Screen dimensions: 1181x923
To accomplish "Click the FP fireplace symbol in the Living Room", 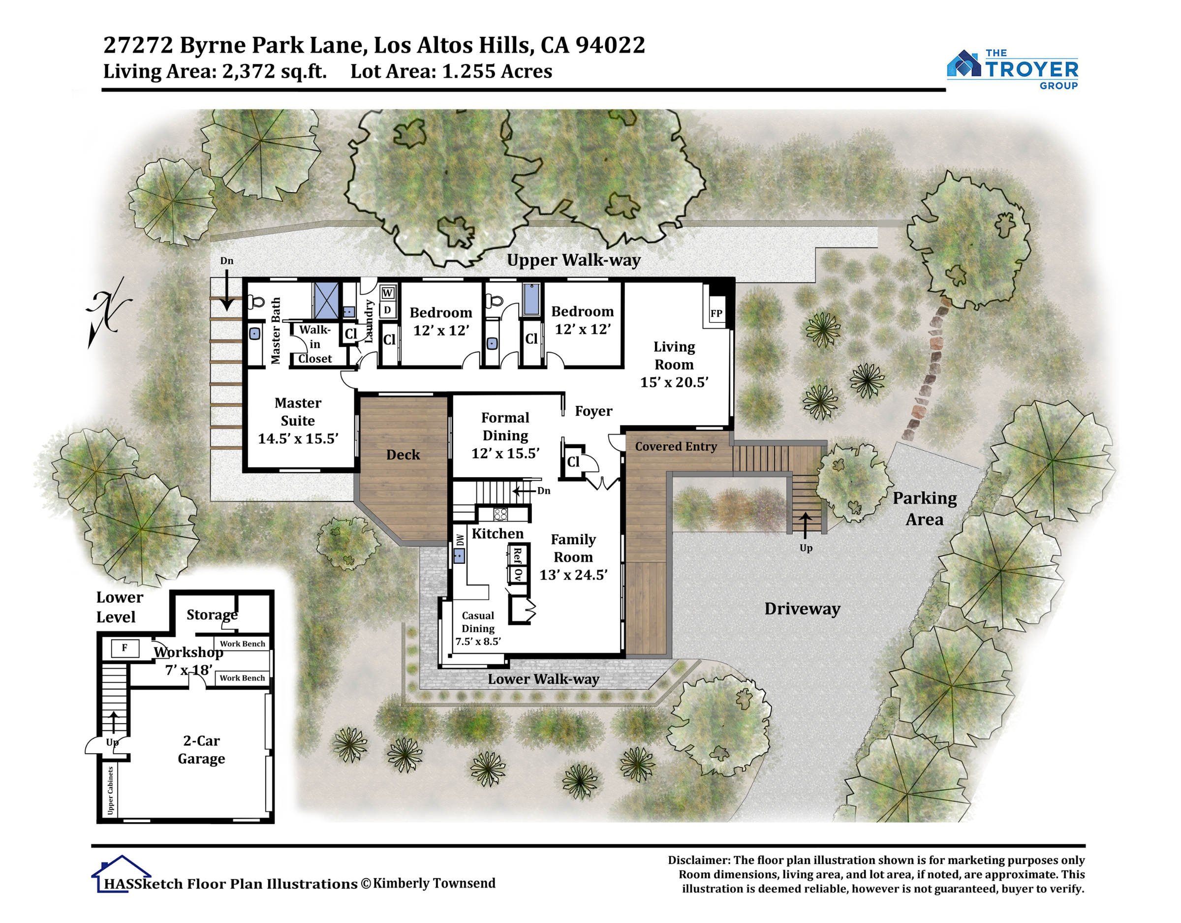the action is pyautogui.click(x=716, y=313).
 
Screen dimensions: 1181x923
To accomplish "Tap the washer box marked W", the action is pyautogui.click(x=387, y=293).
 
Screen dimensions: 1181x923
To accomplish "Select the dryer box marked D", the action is pyautogui.click(x=387, y=310).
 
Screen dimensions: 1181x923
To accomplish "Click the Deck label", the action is pyautogui.click(x=403, y=455).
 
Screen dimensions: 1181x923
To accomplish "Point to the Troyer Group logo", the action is pyautogui.click(x=1012, y=69).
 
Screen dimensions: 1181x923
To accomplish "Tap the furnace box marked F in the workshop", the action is pyautogui.click(x=125, y=648).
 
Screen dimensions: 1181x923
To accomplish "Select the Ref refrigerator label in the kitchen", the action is pyautogui.click(x=517, y=555).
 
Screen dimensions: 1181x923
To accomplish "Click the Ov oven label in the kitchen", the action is pyautogui.click(x=518, y=574).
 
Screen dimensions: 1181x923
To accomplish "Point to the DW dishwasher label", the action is pyautogui.click(x=460, y=540).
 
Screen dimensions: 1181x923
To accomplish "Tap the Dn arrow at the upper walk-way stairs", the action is pyautogui.click(x=226, y=289).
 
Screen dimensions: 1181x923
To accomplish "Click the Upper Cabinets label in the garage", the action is pyautogui.click(x=110, y=790).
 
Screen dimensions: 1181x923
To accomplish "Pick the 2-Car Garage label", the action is pyautogui.click(x=201, y=749).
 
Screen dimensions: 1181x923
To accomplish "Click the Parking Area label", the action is pyautogui.click(x=925, y=508).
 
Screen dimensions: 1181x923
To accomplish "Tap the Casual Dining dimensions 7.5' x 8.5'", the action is pyautogui.click(x=478, y=642).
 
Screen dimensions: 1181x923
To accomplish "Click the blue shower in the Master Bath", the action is pyautogui.click(x=327, y=300).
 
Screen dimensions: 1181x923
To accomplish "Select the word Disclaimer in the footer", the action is pyautogui.click(x=699, y=861).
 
